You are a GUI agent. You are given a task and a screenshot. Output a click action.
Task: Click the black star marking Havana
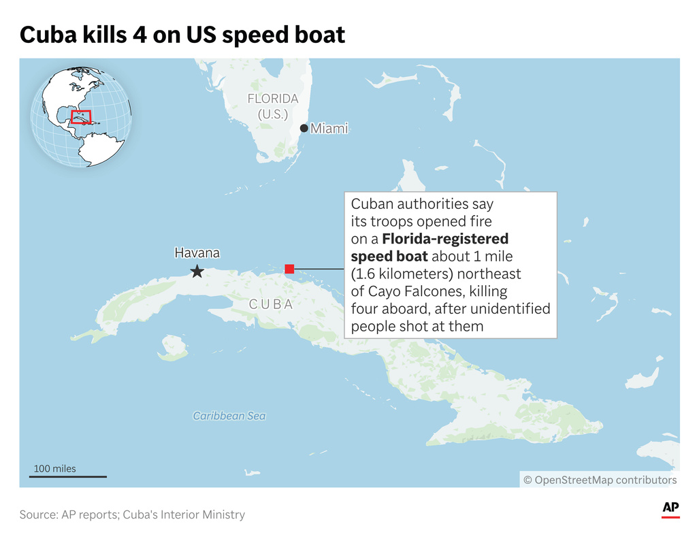197,272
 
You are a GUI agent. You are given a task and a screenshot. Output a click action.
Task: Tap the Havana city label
197,253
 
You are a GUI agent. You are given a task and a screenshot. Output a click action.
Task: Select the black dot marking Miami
304,128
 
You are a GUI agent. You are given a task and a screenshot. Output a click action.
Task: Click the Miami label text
329,128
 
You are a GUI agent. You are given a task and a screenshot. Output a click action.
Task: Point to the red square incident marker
289,269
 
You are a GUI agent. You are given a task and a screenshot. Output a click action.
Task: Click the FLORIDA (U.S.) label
273,107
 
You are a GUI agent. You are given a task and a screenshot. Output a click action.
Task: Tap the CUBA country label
271,304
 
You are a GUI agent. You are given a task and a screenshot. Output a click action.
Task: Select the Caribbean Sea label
229,415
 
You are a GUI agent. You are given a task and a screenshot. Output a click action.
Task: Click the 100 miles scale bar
68,476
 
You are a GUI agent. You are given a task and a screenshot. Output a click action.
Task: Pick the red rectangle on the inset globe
81,117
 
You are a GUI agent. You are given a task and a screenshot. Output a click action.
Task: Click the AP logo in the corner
670,510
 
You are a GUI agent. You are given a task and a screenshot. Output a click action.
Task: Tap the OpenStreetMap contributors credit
600,480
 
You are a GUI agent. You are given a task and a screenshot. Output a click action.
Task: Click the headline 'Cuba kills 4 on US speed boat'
182,35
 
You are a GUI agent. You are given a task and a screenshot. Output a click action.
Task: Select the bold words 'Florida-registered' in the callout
445,239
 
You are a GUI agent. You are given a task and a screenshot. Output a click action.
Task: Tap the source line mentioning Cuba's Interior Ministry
132,514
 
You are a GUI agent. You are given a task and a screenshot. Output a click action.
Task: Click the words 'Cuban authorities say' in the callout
422,203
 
